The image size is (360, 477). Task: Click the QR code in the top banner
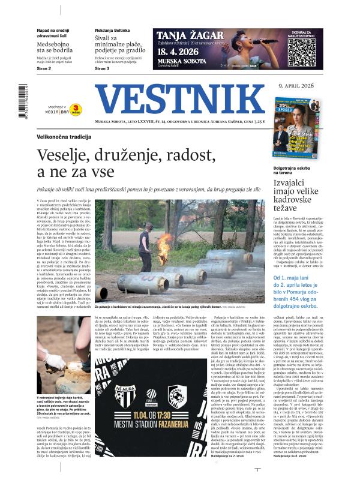coord(302,52)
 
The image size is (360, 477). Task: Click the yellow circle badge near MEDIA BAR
coord(77,109)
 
